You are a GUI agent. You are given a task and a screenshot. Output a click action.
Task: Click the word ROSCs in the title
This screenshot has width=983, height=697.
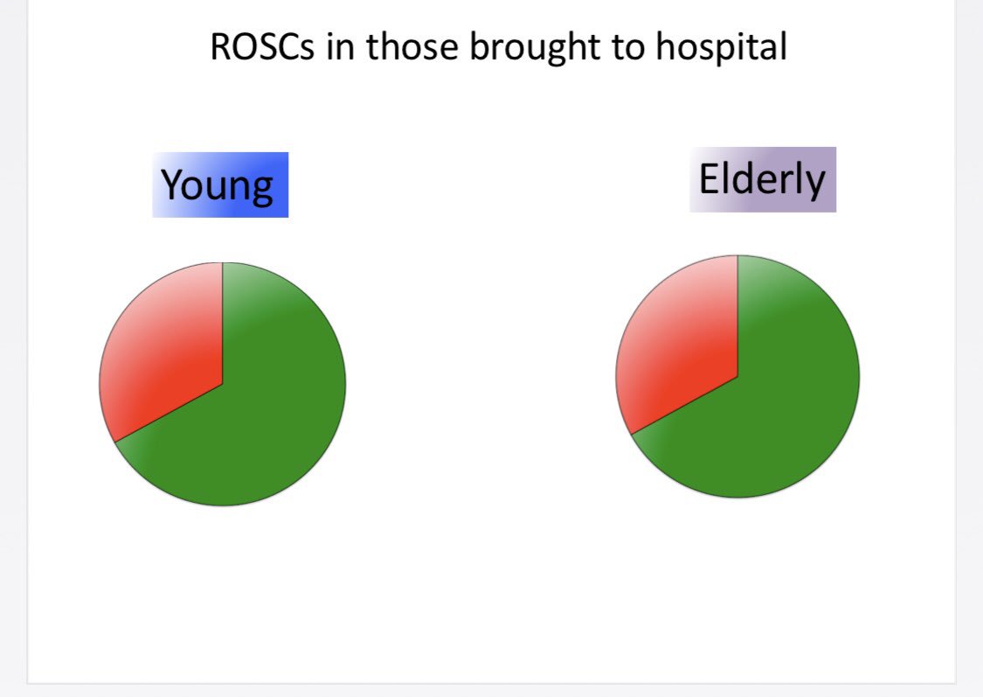(262, 47)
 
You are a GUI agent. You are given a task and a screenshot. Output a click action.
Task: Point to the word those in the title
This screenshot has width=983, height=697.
(413, 47)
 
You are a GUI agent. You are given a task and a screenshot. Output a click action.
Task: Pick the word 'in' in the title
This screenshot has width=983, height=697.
(342, 47)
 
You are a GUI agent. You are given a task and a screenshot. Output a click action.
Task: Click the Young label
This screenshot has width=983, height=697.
(219, 185)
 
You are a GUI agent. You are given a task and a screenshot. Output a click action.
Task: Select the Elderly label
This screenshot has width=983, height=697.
(762, 179)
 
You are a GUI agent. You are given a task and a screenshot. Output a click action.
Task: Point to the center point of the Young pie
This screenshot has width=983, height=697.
(223, 383)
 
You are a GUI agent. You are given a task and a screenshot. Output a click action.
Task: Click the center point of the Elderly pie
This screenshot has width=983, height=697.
(737, 377)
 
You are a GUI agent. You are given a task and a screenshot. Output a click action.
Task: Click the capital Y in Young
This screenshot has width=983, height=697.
(173, 184)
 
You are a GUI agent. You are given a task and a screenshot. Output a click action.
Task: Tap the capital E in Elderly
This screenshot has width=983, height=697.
(708, 178)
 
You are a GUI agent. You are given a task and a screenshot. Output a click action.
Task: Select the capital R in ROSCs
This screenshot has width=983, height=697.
(221, 47)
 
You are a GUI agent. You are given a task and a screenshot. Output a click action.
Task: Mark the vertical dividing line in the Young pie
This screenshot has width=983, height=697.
(223, 324)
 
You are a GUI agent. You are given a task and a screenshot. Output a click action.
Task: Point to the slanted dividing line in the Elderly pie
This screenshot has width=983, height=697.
(684, 405)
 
